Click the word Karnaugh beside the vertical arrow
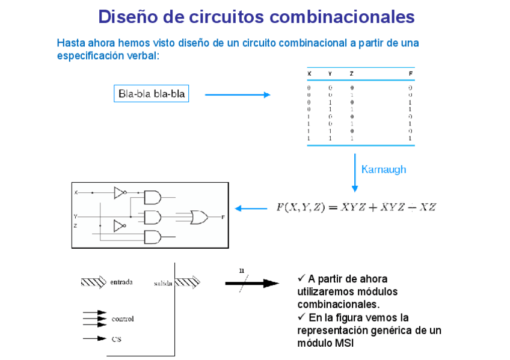[x=383, y=169]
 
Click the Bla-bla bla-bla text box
[x=152, y=94]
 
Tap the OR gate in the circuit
[x=199, y=217]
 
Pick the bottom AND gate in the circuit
[x=153, y=237]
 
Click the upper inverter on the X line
[x=120, y=192]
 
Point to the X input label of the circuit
[x=76, y=193]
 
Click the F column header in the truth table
[x=411, y=74]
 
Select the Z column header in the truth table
[x=351, y=74]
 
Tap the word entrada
[x=121, y=282]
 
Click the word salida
[x=163, y=282]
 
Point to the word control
[x=123, y=319]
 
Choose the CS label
[x=117, y=339]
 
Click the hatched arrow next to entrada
[x=93, y=282]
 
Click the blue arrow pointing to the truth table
[x=238, y=94]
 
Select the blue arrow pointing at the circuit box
[x=251, y=209]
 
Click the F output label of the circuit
[x=223, y=216]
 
